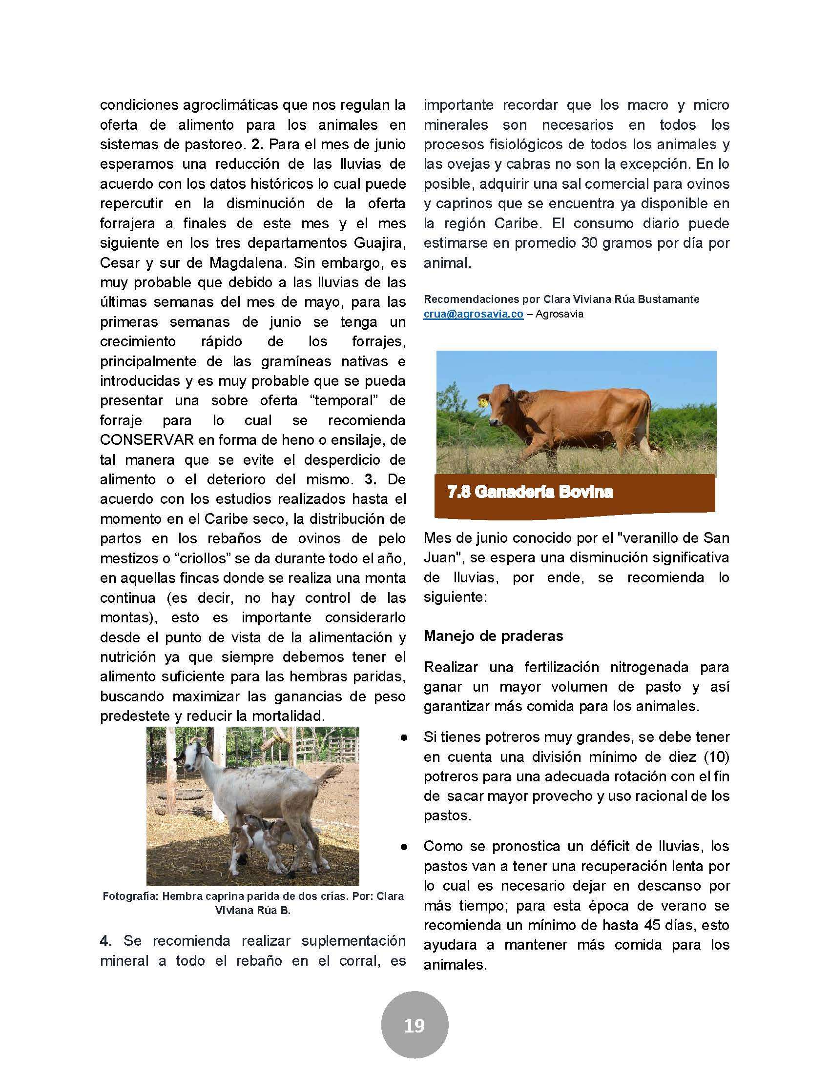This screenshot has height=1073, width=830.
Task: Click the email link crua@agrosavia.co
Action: (473, 315)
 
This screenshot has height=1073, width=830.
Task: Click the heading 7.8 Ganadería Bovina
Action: (530, 492)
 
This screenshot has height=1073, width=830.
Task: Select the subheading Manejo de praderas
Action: (493, 636)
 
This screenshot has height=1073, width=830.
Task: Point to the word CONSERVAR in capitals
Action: (146, 440)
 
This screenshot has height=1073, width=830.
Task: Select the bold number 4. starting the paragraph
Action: (105, 941)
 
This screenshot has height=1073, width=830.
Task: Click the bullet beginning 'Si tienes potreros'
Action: (404, 738)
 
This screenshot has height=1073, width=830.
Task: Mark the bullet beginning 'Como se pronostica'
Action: (404, 847)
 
